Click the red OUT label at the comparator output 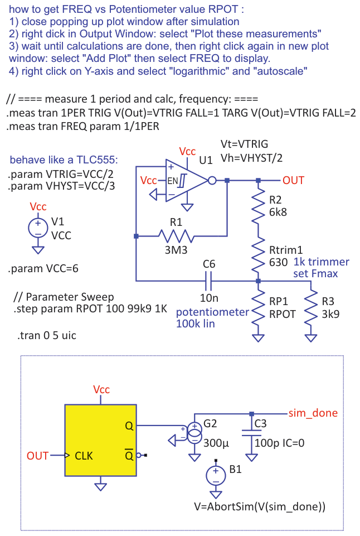tap(293, 180)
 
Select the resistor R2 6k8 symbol tap(257, 206)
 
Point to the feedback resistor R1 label tap(176, 222)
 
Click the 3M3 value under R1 tap(176, 250)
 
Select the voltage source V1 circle tap(38, 228)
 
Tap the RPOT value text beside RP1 tap(281, 313)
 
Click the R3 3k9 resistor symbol tap(310, 308)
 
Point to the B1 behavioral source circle tap(216, 474)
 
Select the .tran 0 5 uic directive tap(47, 336)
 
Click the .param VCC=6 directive tap(43, 269)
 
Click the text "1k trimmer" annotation tap(320, 262)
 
